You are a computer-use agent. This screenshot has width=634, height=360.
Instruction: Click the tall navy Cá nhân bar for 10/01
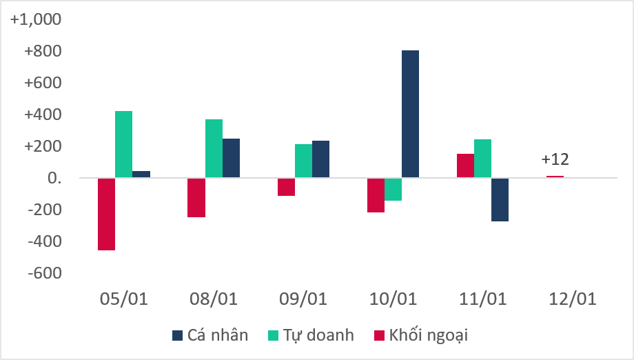point(410,114)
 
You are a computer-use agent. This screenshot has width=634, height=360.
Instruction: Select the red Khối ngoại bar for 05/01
point(106,214)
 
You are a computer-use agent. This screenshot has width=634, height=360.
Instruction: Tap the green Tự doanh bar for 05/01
point(123,144)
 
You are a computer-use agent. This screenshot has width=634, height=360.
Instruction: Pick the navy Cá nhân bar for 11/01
point(500,199)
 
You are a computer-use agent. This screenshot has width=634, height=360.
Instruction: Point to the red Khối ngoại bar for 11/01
point(465,166)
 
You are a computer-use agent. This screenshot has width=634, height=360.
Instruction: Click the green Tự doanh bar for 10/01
point(393,189)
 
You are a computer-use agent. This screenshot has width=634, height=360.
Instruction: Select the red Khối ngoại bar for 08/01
point(196,197)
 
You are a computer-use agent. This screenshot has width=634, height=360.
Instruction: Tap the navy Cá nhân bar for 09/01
point(320,159)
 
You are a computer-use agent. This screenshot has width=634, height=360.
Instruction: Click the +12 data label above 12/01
point(555,159)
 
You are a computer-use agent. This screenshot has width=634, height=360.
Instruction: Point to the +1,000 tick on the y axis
point(35,19)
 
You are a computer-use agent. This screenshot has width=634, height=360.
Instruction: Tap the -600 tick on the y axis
point(43,274)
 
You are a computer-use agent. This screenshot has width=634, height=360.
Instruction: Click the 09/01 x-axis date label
point(303,299)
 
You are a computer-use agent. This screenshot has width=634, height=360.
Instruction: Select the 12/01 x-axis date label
point(573,299)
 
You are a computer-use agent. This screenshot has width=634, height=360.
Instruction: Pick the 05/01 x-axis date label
point(124,299)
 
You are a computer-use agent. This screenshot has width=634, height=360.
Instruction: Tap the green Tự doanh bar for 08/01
point(214,148)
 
